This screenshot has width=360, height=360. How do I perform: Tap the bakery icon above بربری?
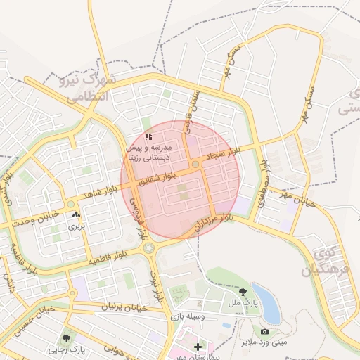(x=75, y=215)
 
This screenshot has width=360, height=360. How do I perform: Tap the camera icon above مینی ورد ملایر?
(x=264, y=331)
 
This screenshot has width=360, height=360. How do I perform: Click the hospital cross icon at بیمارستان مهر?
(x=198, y=347)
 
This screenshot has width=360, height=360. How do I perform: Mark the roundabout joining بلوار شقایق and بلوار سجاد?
(x=195, y=165)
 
